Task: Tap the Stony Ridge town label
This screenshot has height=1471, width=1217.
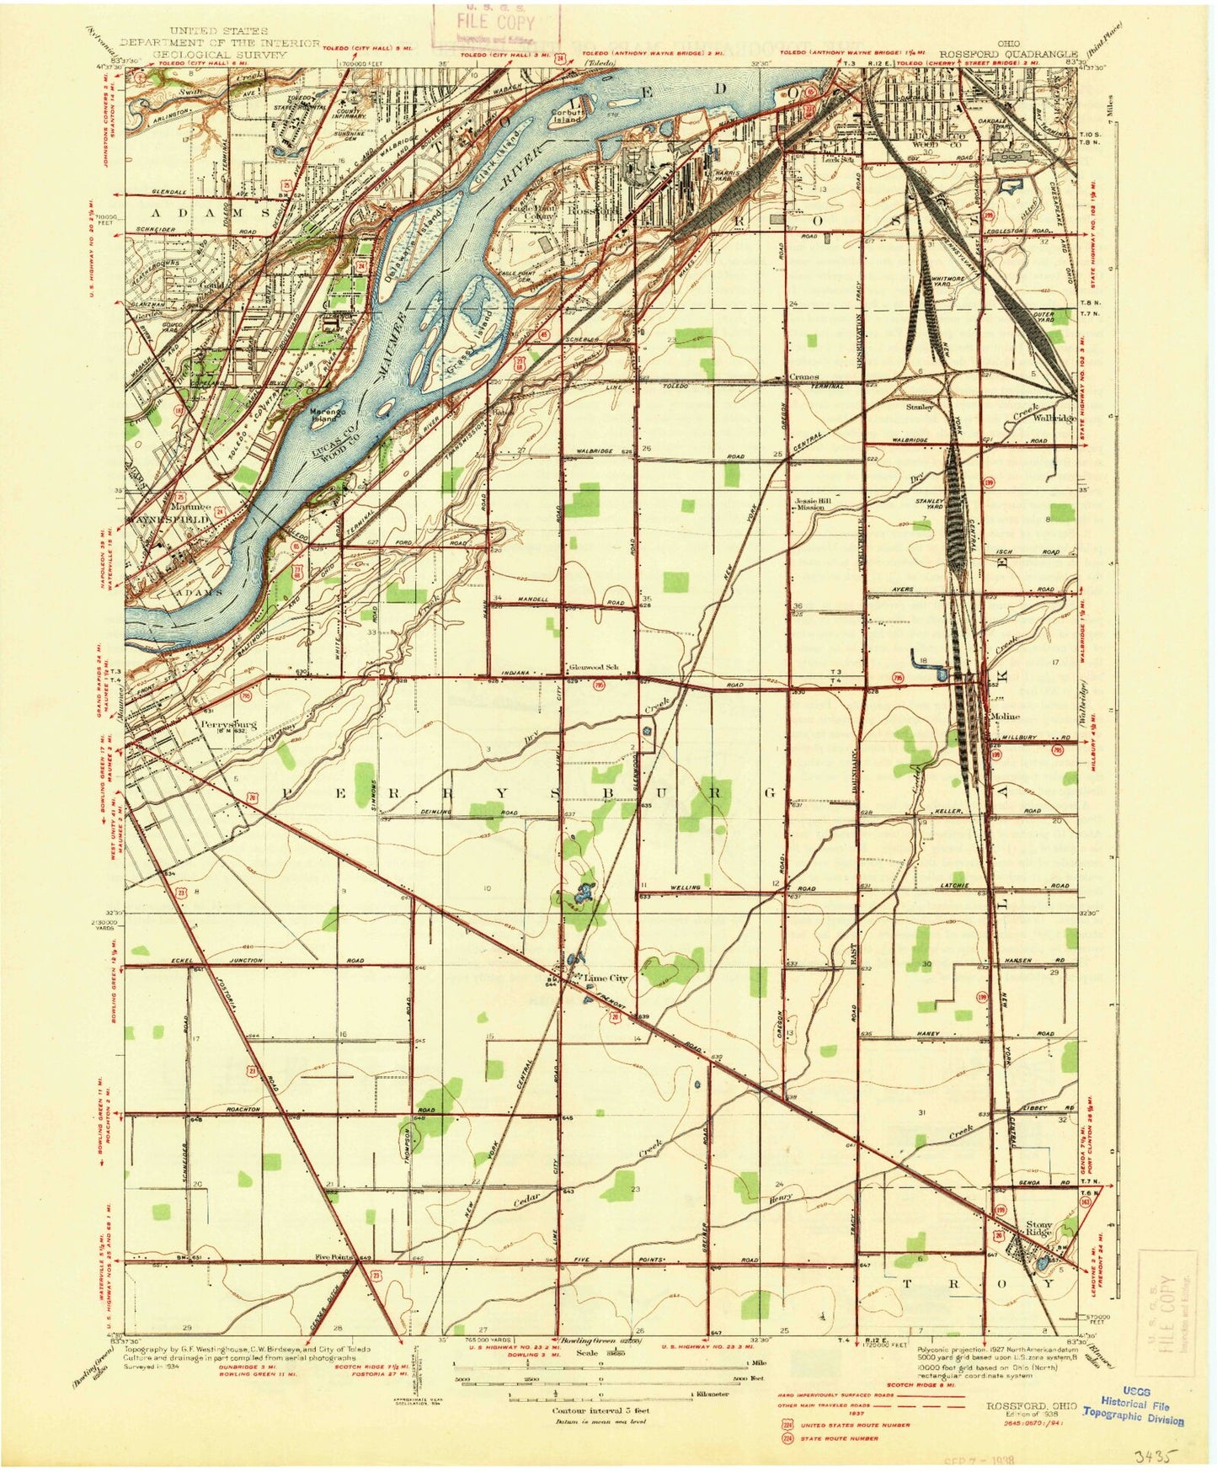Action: click(1039, 1228)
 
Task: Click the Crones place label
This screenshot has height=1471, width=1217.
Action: click(804, 377)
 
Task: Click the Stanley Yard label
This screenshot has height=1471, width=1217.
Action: click(929, 504)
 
